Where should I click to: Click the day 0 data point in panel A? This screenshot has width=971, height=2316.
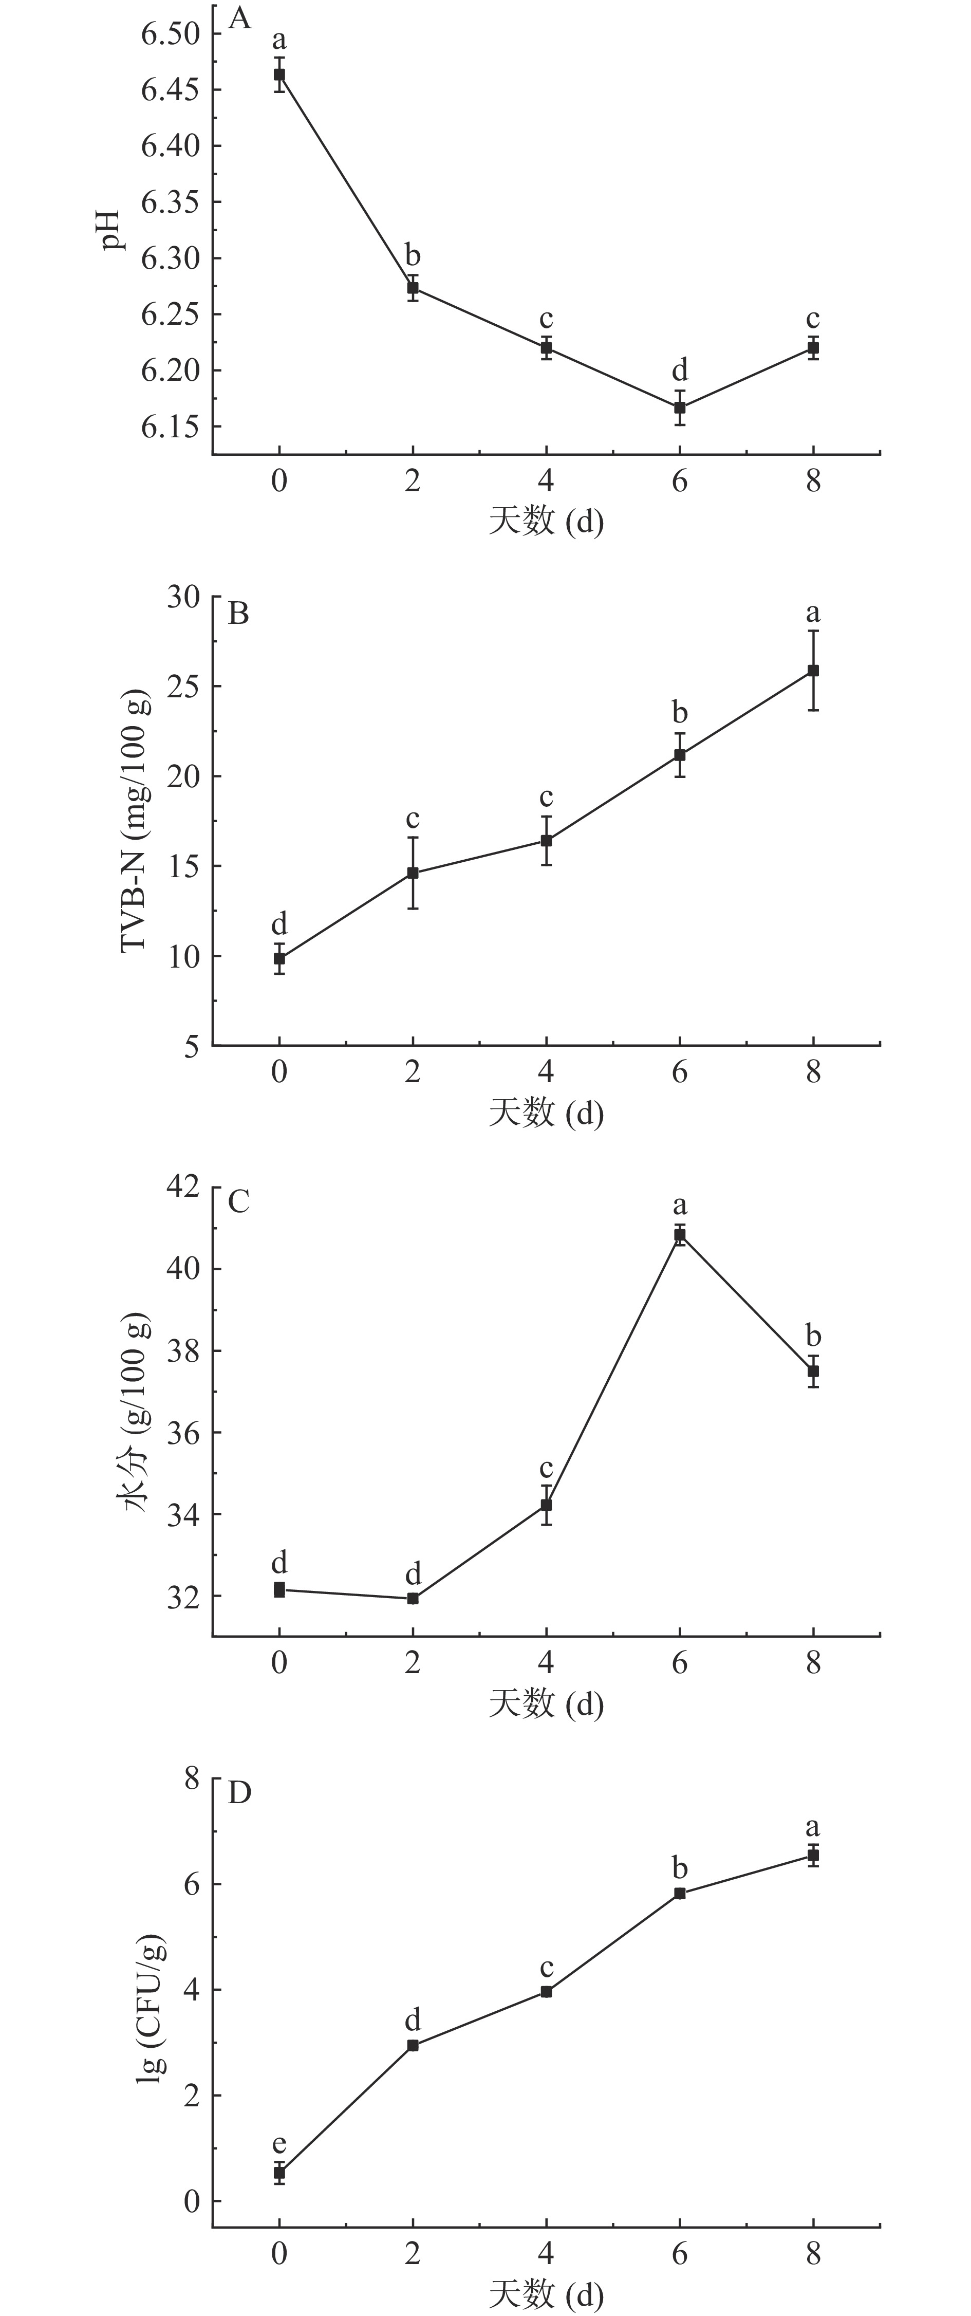pos(279,75)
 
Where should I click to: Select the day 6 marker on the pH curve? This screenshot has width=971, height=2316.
pos(680,407)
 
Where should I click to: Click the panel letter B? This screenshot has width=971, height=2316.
pos(238,614)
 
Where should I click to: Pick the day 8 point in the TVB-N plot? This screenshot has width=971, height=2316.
pos(813,671)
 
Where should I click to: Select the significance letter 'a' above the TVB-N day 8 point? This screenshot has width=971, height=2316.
pos(813,613)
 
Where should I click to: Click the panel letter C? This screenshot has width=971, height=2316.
pos(238,1201)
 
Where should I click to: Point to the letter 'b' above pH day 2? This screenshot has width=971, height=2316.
pos(413,255)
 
